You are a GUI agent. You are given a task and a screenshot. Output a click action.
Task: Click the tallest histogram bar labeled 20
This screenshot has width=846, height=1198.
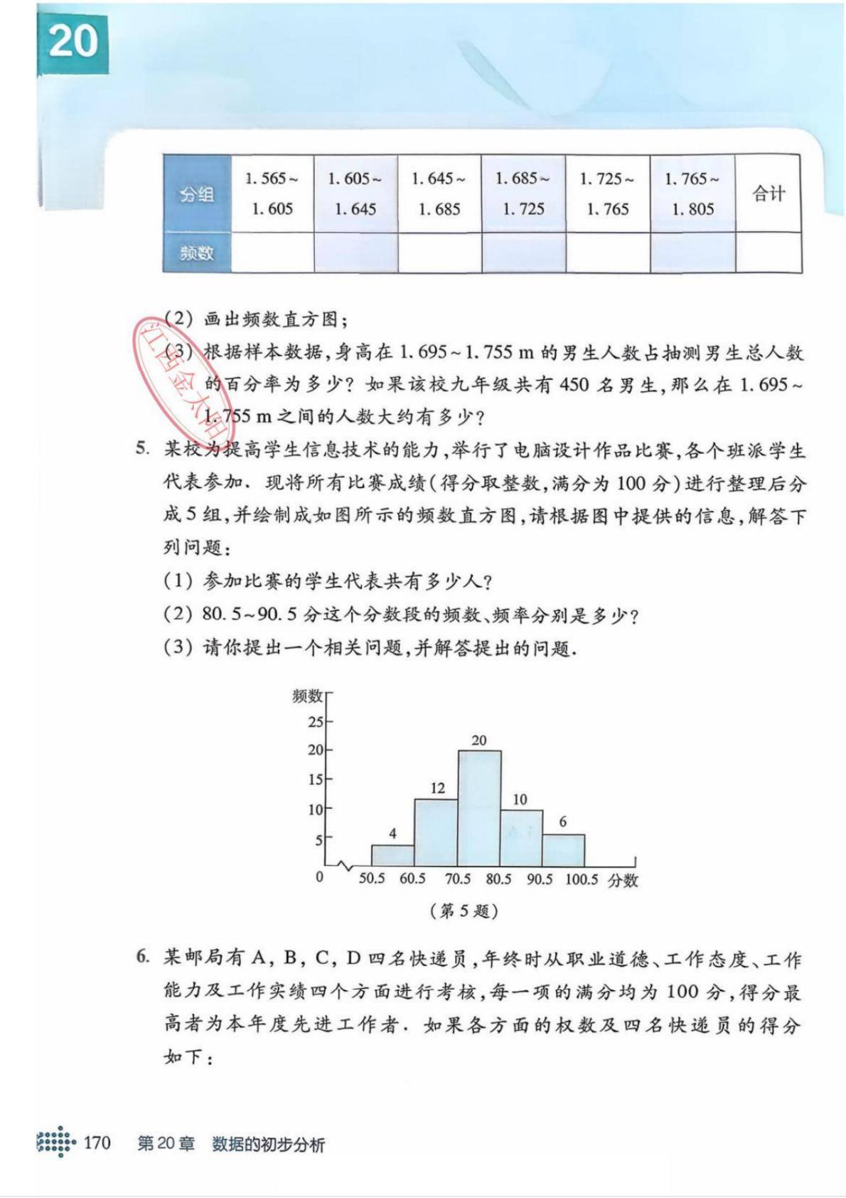tap(478, 807)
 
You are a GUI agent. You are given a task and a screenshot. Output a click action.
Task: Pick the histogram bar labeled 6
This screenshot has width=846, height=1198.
tap(563, 849)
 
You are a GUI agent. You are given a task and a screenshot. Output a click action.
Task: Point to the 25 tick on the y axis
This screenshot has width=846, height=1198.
tap(316, 722)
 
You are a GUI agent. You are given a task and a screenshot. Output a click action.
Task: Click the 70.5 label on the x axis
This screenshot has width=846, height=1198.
tap(457, 879)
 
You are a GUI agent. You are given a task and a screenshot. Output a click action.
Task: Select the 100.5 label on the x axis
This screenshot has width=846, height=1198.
tap(582, 879)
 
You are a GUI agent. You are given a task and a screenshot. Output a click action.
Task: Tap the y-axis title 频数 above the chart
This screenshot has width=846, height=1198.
tap(307, 696)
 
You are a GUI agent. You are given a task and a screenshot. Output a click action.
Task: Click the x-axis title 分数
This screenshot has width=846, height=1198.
tap(623, 880)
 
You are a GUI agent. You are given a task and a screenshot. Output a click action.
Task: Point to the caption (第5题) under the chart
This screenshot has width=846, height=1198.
tap(464, 911)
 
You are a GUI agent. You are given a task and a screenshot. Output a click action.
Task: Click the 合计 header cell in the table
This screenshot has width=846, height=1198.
tap(769, 194)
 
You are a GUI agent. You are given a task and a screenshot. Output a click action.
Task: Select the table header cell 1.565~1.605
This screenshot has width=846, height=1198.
tap(272, 194)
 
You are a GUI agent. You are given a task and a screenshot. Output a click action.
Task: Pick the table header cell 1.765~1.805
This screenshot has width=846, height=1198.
tap(692, 194)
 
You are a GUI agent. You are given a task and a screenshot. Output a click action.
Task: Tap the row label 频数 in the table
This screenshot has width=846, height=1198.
tap(197, 253)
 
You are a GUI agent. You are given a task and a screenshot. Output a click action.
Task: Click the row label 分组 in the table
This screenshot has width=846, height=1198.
tap(197, 194)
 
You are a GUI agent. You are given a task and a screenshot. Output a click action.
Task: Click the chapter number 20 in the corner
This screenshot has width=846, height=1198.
tap(73, 41)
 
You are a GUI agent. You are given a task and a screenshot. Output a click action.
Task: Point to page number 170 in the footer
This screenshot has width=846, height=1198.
tap(97, 1143)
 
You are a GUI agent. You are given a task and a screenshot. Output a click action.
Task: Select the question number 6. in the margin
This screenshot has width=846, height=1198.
tap(143, 957)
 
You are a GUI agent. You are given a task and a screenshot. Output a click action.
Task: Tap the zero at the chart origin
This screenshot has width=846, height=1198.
tap(319, 877)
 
